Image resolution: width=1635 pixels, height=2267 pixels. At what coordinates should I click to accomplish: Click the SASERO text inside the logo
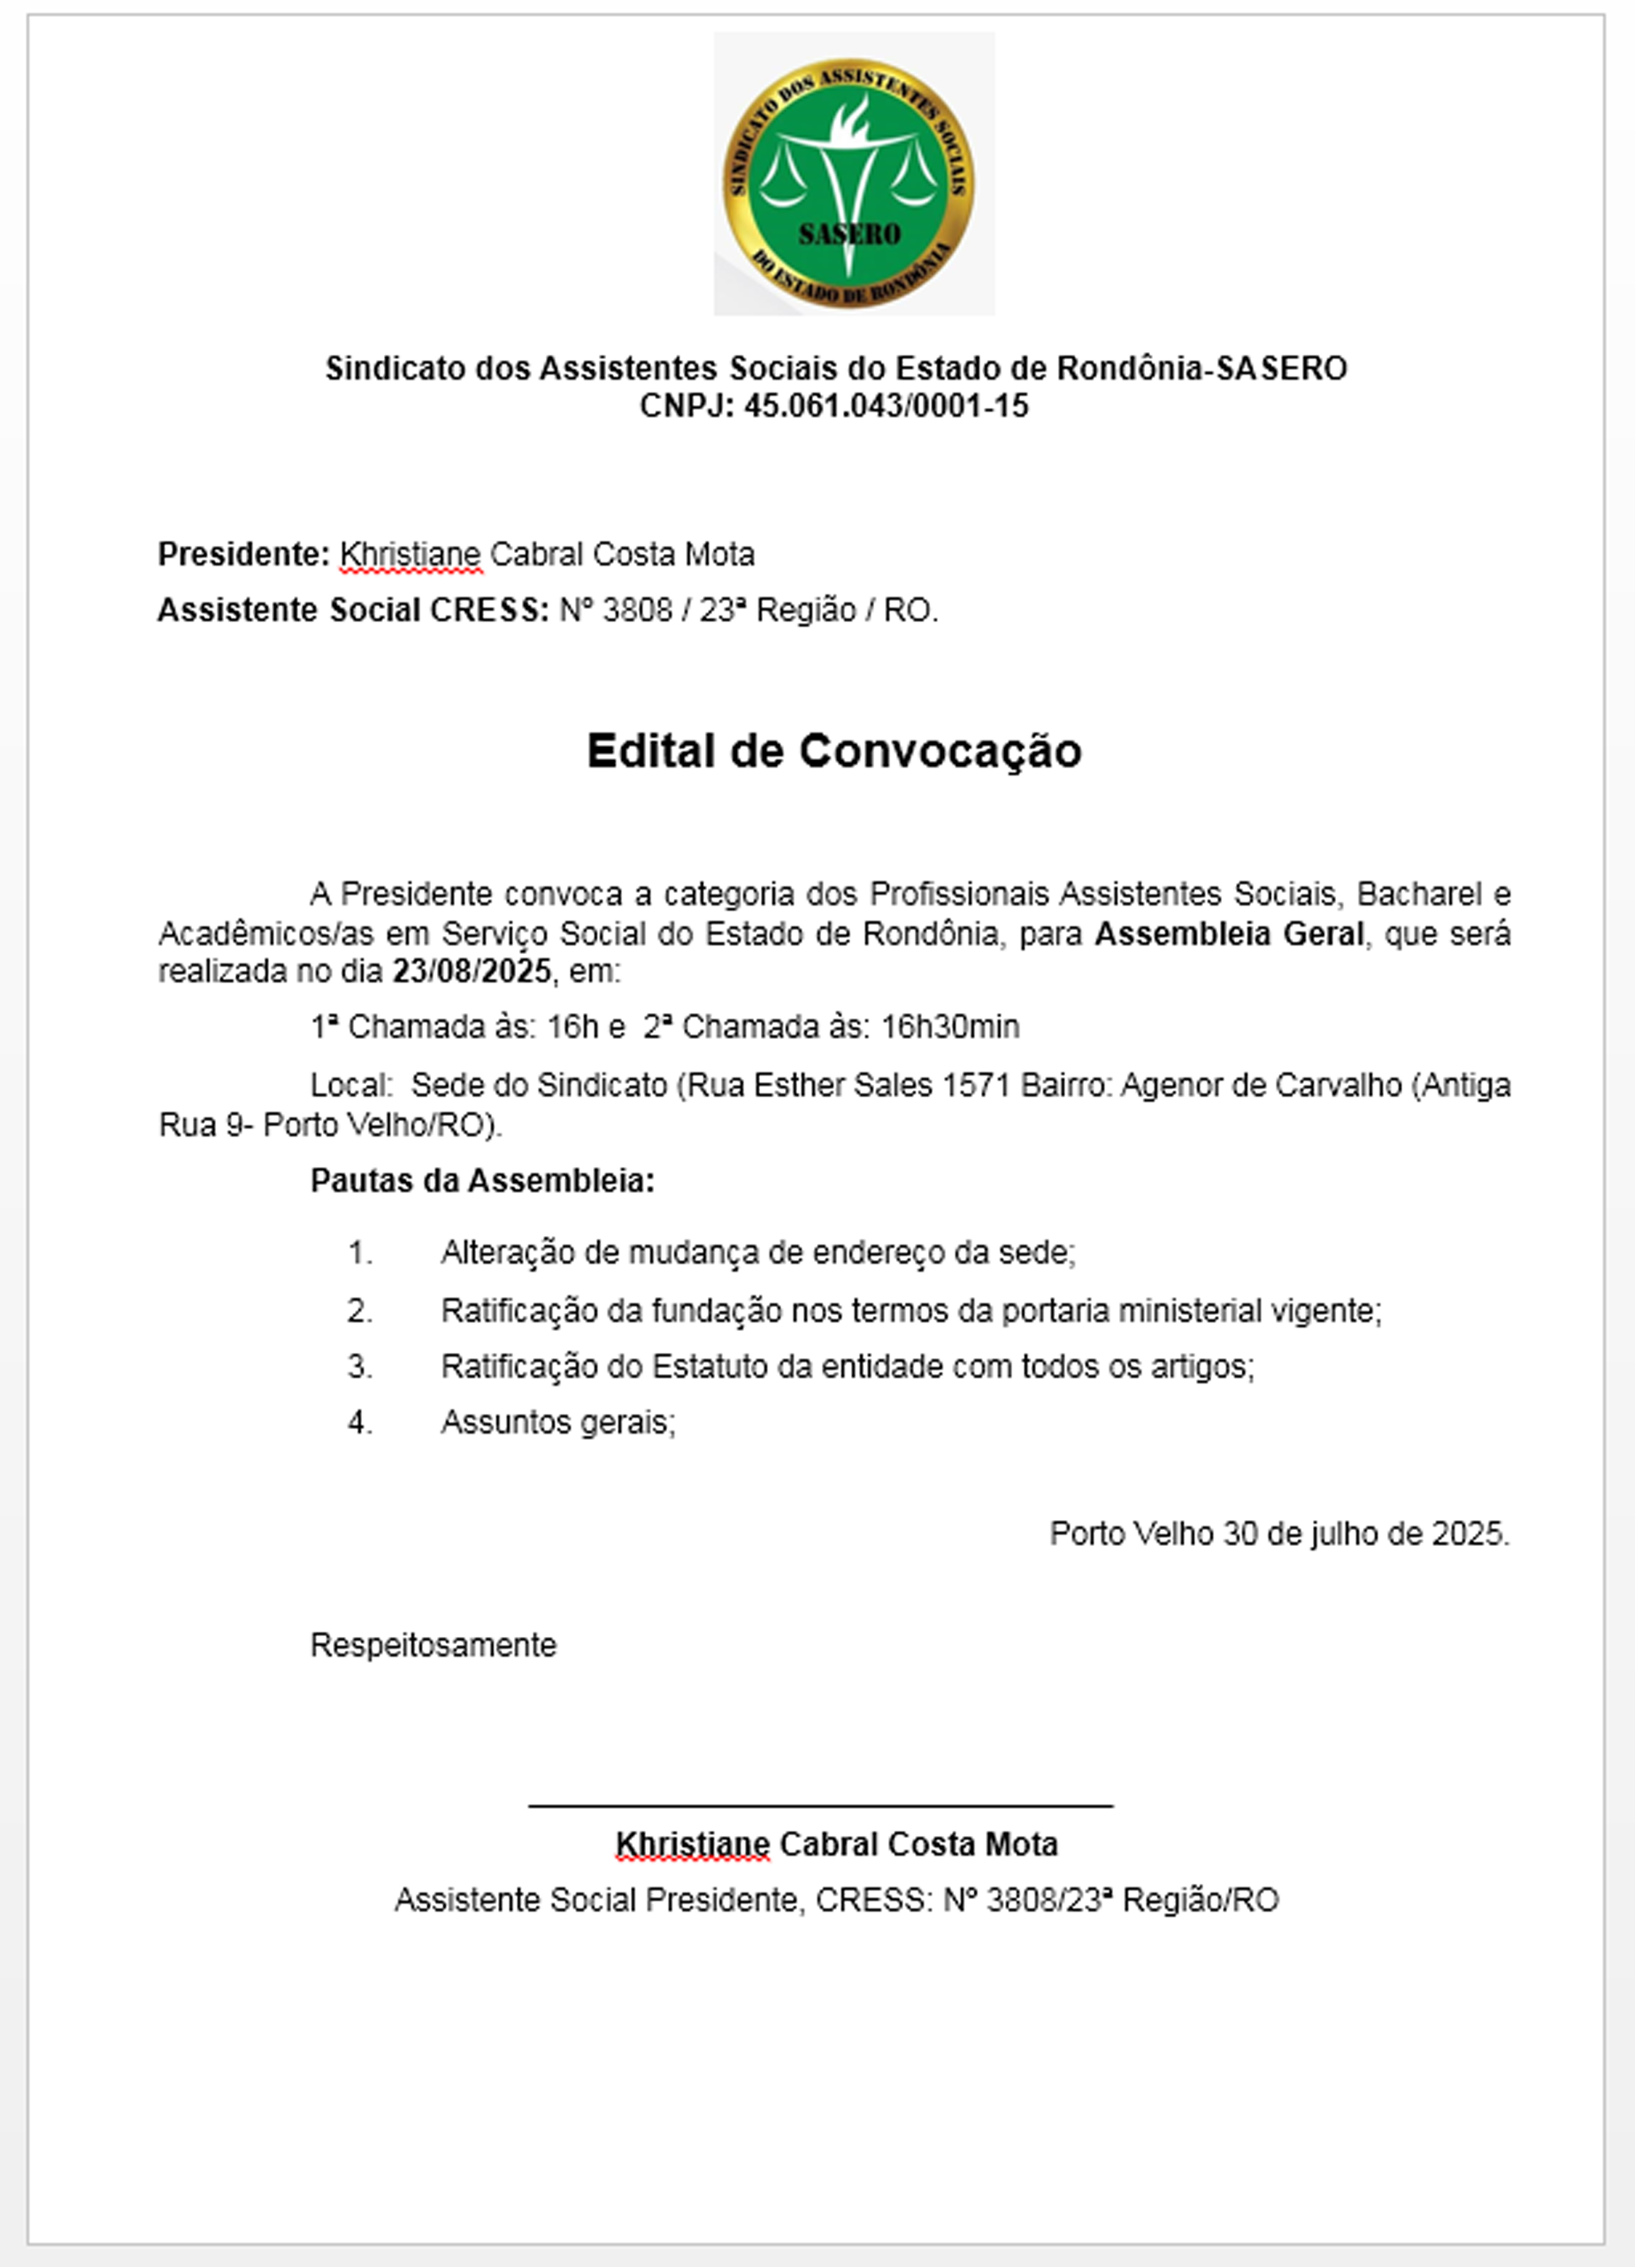[x=849, y=234]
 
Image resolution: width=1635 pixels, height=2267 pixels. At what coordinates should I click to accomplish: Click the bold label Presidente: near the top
[x=243, y=554]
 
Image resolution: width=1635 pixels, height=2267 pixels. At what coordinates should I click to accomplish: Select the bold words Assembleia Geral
[x=1229, y=934]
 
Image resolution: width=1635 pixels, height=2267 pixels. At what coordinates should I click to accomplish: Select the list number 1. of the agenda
[x=360, y=1253]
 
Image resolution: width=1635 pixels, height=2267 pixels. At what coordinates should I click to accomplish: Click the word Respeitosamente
[x=433, y=1644]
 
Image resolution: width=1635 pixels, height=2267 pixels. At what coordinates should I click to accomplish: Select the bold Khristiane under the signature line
[x=693, y=1843]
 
